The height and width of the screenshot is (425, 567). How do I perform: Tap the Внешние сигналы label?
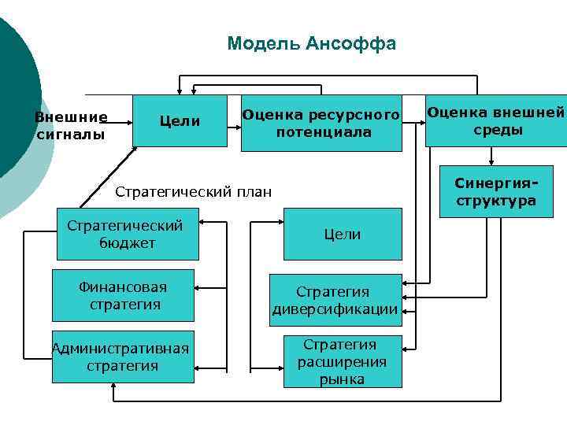click(x=71, y=126)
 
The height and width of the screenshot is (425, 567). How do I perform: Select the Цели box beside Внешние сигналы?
click(x=180, y=121)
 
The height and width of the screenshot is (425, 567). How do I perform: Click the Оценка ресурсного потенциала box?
click(x=321, y=123)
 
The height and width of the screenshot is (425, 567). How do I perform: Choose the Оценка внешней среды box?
click(x=496, y=121)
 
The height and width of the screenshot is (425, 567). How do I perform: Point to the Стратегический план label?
click(x=194, y=191)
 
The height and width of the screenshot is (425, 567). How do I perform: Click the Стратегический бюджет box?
click(x=127, y=234)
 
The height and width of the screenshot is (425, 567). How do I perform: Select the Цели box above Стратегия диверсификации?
click(x=343, y=234)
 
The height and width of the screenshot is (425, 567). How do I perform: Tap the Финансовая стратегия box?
click(x=123, y=295)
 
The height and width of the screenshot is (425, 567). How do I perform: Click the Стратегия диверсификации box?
click(x=335, y=300)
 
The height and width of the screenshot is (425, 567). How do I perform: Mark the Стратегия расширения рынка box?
click(x=342, y=361)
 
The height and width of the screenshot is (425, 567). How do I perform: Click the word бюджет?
click(x=127, y=243)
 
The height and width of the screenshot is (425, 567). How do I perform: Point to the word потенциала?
click(x=323, y=132)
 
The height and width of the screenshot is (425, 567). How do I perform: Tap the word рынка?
click(x=342, y=379)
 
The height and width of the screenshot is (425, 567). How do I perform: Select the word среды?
click(x=497, y=130)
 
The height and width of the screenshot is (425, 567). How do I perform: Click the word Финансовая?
click(x=123, y=286)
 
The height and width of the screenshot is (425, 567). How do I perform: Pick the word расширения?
click(x=342, y=361)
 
